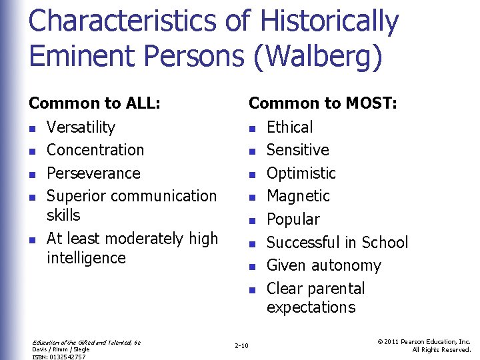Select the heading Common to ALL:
(94, 103)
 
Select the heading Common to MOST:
(323, 103)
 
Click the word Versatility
(81, 127)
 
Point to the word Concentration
(95, 150)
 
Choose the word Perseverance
(93, 173)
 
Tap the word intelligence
(86, 258)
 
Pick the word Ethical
(289, 127)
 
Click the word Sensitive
(298, 150)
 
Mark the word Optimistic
(301, 173)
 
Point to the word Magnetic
(298, 196)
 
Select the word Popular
(293, 219)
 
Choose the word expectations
(311, 307)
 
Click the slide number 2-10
(241, 345)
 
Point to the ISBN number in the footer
(59, 357)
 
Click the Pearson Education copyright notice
(424, 345)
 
